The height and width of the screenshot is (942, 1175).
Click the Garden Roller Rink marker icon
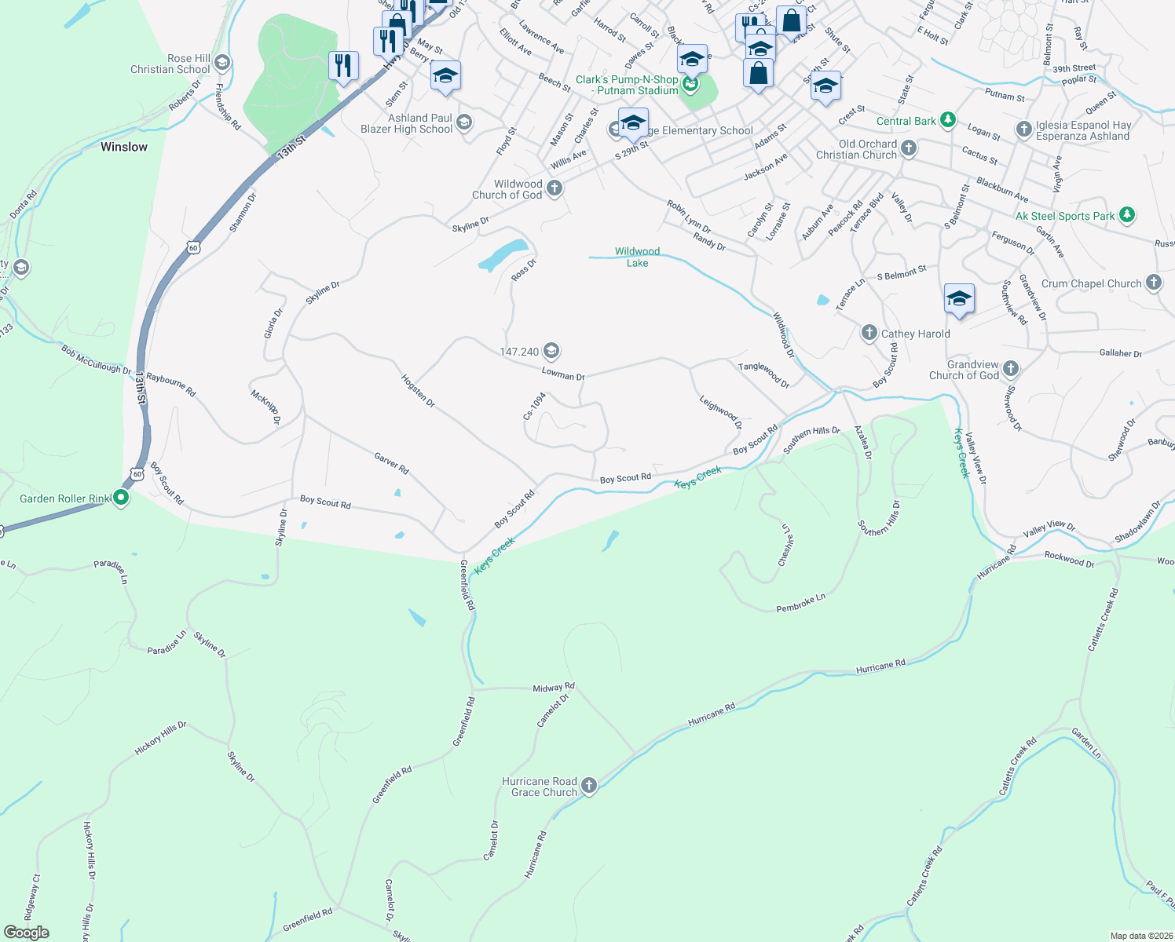(x=121, y=498)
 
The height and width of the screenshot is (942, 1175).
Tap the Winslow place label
(x=124, y=147)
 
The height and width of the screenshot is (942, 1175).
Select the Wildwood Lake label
(x=637, y=257)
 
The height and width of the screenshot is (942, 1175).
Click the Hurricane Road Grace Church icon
(x=588, y=786)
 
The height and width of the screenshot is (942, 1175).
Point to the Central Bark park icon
(x=948, y=120)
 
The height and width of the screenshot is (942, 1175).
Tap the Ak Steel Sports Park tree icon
(x=1127, y=214)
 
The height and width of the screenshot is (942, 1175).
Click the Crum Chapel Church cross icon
(x=1153, y=283)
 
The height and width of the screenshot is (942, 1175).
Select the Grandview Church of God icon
(x=1011, y=368)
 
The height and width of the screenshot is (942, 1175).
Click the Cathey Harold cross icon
(x=869, y=333)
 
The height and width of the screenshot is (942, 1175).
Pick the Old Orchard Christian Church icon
(x=908, y=148)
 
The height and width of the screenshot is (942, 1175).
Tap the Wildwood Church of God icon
(x=555, y=188)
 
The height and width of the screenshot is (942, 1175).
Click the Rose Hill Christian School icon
(x=222, y=63)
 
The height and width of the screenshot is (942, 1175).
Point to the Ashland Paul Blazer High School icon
(x=463, y=122)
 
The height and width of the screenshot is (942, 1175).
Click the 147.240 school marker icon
(x=551, y=351)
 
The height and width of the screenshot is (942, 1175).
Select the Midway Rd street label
(x=554, y=688)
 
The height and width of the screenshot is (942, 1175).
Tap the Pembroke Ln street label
(x=800, y=603)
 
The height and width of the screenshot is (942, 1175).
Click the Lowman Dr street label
(x=563, y=375)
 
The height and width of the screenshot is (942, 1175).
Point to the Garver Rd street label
(x=391, y=463)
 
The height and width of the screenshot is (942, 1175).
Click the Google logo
(x=27, y=933)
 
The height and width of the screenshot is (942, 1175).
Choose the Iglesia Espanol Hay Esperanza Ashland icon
(x=1023, y=129)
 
